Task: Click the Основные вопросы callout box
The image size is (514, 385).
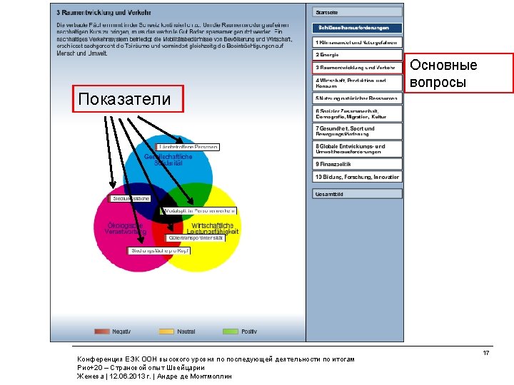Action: (x=440, y=74)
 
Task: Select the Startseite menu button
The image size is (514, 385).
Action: (x=357, y=12)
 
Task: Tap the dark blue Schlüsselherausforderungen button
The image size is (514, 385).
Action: (x=357, y=28)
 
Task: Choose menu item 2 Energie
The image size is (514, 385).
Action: (x=357, y=54)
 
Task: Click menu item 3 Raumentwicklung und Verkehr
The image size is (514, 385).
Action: (x=357, y=68)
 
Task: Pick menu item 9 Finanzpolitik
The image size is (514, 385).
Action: (x=357, y=163)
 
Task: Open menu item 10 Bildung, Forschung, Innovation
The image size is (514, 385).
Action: (x=357, y=177)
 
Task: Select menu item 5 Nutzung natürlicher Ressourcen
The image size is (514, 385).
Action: (x=357, y=98)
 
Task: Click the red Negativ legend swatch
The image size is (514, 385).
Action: (x=103, y=332)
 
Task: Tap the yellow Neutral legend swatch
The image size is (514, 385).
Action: (x=166, y=332)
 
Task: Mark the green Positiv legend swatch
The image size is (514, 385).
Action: (x=231, y=332)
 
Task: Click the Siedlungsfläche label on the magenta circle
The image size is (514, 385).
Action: (x=130, y=198)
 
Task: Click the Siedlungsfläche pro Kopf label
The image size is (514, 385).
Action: (x=159, y=251)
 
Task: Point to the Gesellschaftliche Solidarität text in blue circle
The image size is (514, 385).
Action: (x=168, y=160)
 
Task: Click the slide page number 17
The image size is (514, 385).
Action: (x=485, y=353)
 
